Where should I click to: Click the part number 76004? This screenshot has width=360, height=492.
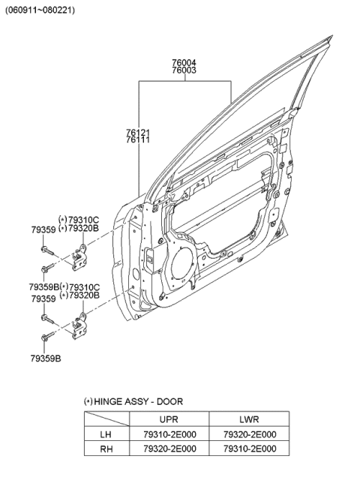184,63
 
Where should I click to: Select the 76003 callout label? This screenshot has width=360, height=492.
184,70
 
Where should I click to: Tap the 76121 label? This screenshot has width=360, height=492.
137,132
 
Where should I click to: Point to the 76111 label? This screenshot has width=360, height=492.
137,140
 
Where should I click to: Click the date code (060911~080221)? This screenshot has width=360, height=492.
40,10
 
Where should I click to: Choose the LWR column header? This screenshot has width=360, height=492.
250,420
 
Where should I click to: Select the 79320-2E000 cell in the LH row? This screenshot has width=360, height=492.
250,434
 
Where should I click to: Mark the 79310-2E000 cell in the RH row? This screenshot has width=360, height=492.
250,448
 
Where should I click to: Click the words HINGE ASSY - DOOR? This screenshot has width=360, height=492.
138,402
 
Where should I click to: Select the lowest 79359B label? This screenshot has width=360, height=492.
46,358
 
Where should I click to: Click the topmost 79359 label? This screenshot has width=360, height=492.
42,229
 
